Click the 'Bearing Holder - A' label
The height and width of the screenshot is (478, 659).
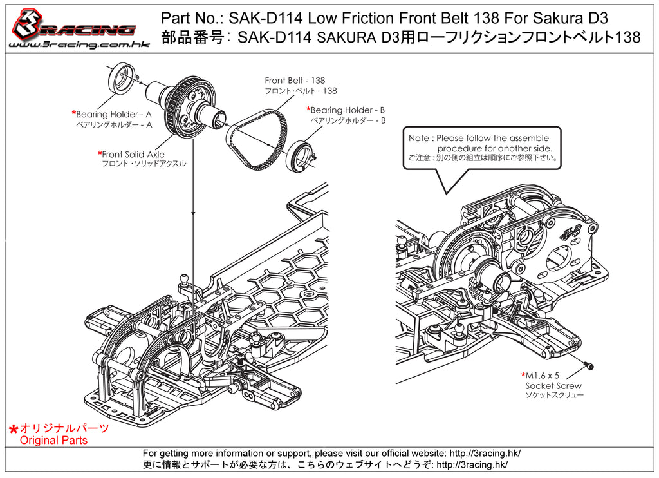click(x=114, y=115)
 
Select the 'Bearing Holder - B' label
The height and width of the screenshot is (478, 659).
click(x=348, y=110)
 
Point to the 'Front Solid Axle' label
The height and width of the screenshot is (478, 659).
click(x=133, y=155)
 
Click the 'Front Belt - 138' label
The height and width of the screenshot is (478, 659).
click(x=295, y=81)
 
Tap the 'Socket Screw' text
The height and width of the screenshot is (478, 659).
click(x=553, y=386)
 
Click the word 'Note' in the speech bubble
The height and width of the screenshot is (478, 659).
click(x=420, y=139)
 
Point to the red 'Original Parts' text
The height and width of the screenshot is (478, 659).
click(x=54, y=441)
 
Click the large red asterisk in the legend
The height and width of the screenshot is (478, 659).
click(x=13, y=430)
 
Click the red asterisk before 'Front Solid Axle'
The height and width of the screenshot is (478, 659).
click(x=100, y=154)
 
